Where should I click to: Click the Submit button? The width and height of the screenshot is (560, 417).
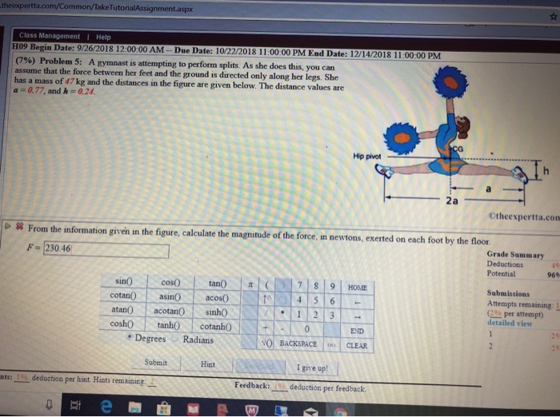coord(156,362)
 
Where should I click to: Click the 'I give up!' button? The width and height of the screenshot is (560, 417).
coord(308,367)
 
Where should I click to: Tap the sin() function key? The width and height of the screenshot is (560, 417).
coord(125,283)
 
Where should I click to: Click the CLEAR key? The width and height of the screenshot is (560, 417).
coord(357,346)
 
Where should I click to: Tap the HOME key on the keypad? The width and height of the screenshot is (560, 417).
coord(358,286)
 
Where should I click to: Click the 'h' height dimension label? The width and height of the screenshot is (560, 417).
coord(543,172)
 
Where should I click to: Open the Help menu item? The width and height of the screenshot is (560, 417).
coord(102,36)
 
